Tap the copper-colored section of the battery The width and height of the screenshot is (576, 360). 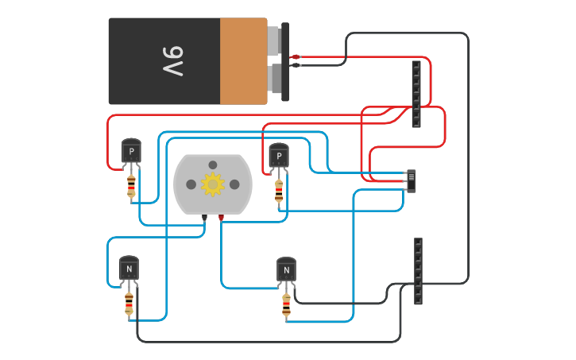(x=243, y=61)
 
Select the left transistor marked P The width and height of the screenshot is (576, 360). (x=131, y=151)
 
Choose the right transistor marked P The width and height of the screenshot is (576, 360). (x=279, y=155)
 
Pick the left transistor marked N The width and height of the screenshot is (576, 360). (x=129, y=269)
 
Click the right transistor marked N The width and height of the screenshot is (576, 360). (x=286, y=270)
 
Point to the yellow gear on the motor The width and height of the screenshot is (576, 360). (x=213, y=184)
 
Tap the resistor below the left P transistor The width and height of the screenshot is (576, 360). (x=131, y=186)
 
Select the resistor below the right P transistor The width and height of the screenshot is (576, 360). (x=279, y=190)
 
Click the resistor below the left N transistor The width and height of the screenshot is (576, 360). (x=129, y=303)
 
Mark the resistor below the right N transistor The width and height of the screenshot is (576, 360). (x=286, y=304)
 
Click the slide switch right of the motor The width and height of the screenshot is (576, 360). (x=411, y=180)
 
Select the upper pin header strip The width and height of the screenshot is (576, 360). (x=416, y=94)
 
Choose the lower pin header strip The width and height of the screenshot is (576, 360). (x=418, y=271)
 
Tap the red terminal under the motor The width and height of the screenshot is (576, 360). (x=221, y=216)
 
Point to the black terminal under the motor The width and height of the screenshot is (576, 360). (x=205, y=216)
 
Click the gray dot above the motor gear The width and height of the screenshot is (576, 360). (x=213, y=165)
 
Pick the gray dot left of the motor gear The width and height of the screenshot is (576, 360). (x=191, y=184)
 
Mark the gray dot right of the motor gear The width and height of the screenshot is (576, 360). (x=234, y=184)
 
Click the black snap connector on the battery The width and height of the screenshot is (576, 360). (x=284, y=61)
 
